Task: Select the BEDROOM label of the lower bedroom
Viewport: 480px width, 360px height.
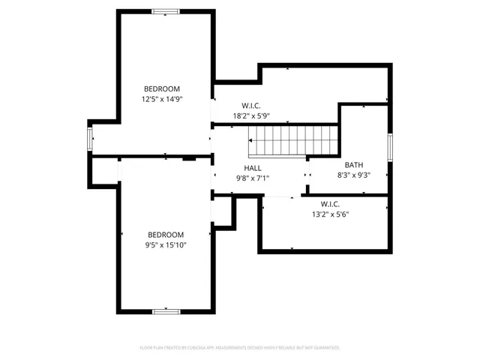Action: click(165, 234)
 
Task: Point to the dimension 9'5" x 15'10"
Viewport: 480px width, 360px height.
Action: click(165, 244)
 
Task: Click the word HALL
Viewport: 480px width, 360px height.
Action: click(253, 168)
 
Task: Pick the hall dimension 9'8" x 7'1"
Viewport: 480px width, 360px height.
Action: click(253, 178)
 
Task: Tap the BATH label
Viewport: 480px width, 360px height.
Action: click(353, 165)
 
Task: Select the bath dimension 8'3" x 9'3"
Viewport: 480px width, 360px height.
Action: click(353, 175)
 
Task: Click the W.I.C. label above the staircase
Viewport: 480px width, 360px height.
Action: click(251, 106)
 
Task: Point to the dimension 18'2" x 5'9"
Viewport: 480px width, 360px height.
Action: click(251, 116)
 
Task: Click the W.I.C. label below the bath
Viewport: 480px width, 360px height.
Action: click(331, 203)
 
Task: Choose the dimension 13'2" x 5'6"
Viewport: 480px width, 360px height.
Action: click(331, 214)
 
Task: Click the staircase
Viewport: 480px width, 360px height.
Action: click(292, 139)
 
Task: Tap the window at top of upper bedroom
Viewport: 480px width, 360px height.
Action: click(165, 11)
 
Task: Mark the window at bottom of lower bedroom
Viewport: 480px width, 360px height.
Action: click(165, 311)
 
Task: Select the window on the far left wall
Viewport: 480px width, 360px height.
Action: click(90, 139)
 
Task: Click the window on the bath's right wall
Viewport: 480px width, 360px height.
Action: click(390, 146)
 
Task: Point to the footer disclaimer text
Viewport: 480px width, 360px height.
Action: click(240, 348)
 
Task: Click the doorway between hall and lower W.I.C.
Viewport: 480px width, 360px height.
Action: click(280, 196)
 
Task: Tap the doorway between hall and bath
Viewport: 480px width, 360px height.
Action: click(308, 175)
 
